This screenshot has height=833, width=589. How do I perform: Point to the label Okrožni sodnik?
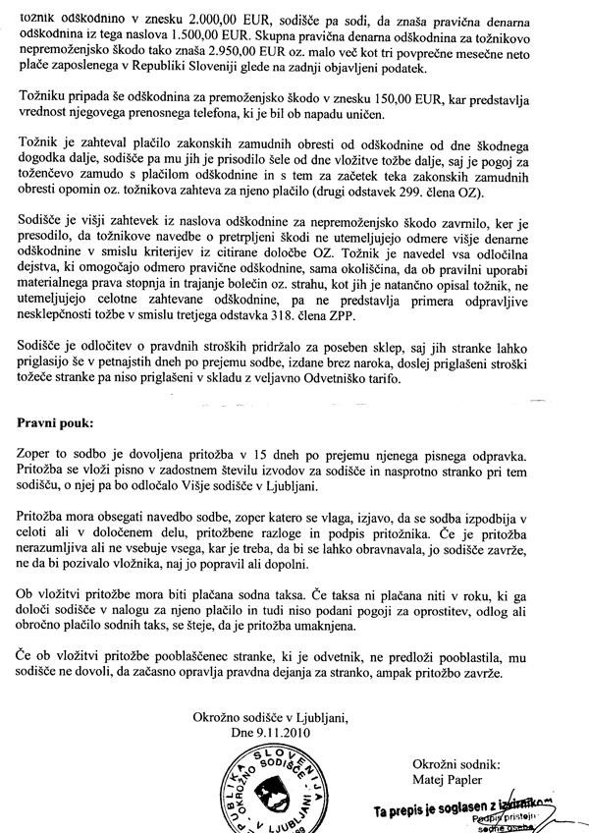point(457,761)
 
